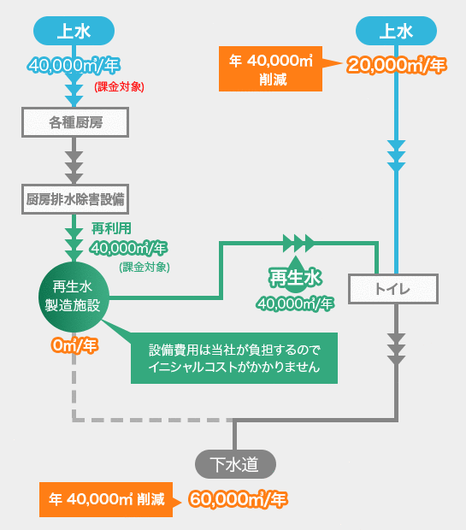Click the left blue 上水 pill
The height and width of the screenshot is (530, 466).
pyautogui.click(x=74, y=31)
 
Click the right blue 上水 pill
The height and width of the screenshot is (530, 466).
pyautogui.click(x=396, y=31)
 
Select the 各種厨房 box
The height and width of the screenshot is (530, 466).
pyautogui.click(x=75, y=122)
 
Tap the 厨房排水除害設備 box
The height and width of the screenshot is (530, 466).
pyautogui.click(x=75, y=199)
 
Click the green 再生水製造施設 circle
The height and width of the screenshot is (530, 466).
pyautogui.click(x=74, y=297)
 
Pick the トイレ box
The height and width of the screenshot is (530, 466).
pyautogui.click(x=393, y=289)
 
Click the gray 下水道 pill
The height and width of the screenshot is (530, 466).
pyautogui.click(x=235, y=464)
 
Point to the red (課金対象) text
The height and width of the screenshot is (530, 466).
pyautogui.click(x=119, y=87)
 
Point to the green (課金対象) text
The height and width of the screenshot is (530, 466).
pyautogui.click(x=145, y=267)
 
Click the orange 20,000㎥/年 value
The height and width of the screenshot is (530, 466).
pyautogui.click(x=396, y=65)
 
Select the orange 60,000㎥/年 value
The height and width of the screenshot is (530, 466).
pyautogui.click(x=238, y=499)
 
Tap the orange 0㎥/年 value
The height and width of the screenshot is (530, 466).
pyautogui.click(x=74, y=345)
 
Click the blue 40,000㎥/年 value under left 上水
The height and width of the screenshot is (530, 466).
pyautogui.click(x=74, y=65)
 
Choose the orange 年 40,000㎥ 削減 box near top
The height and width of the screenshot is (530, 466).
pyautogui.click(x=270, y=69)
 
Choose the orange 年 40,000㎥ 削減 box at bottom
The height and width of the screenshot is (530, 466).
pyautogui.click(x=106, y=499)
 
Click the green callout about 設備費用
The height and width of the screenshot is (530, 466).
pyautogui.click(x=234, y=358)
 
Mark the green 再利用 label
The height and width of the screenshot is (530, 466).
pyautogui.click(x=111, y=228)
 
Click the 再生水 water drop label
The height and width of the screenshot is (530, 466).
pyautogui.click(x=295, y=277)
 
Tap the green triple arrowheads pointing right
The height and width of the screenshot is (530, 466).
pyautogui.click(x=298, y=243)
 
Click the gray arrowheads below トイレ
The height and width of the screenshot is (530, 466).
pyautogui.click(x=396, y=349)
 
